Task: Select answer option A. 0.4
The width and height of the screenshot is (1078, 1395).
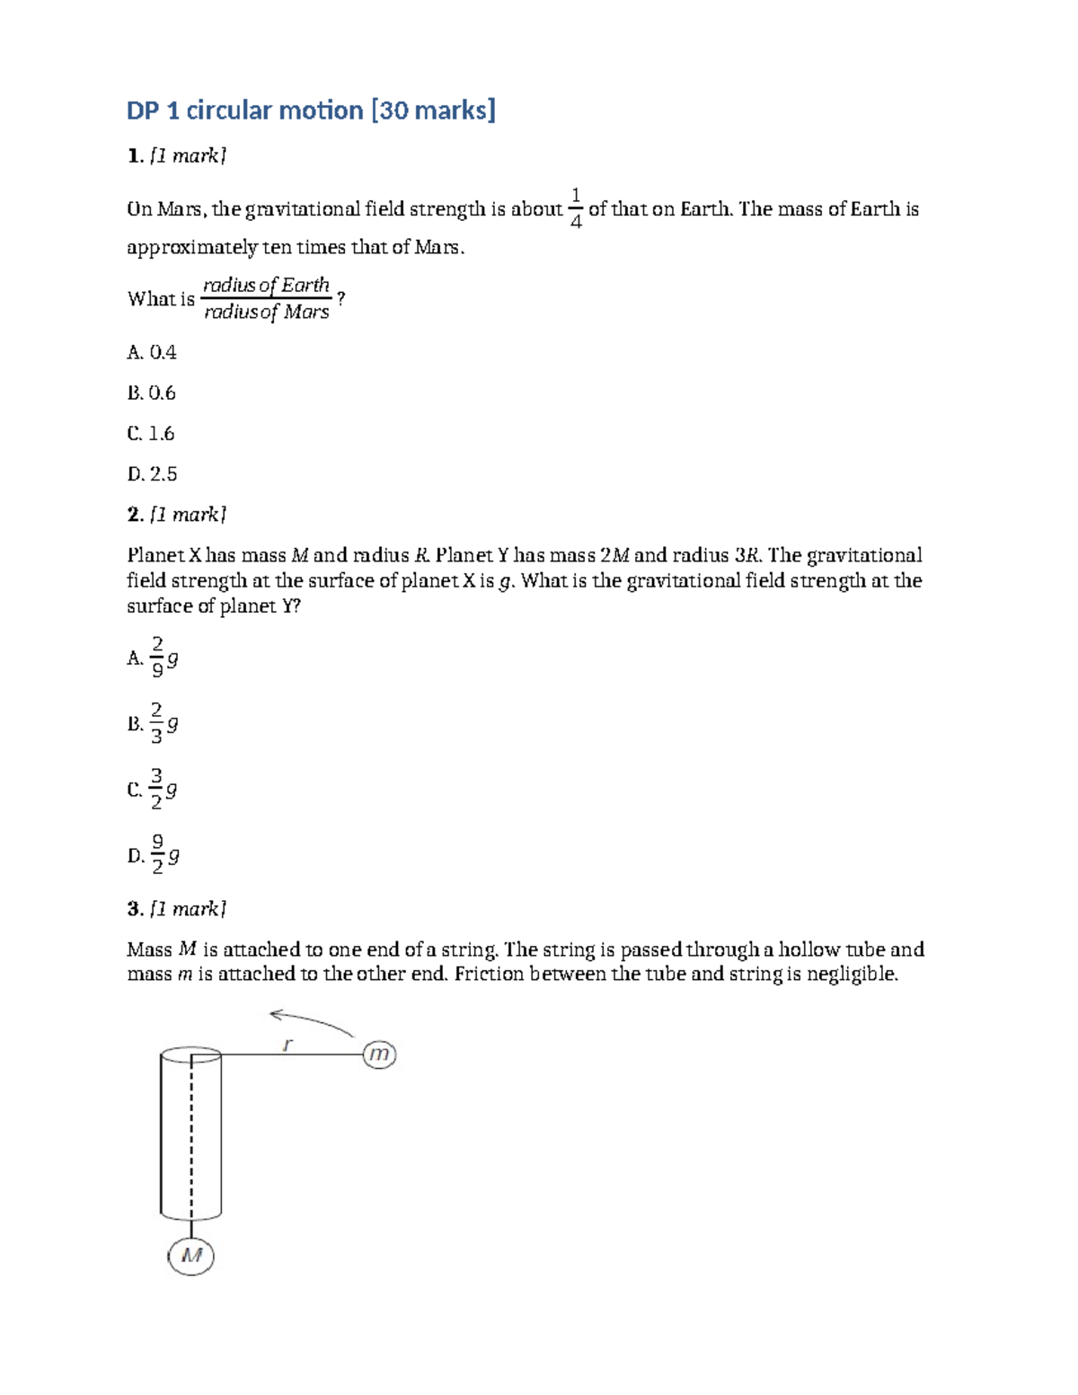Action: point(152,353)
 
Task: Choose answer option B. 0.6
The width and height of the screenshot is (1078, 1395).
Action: point(152,393)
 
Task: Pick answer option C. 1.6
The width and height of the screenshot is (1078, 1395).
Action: point(151,434)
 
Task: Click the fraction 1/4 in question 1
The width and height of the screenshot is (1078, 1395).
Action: point(576,208)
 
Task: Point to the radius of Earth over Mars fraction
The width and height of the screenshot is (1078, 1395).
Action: point(267,298)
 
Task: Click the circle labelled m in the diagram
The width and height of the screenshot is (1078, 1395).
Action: point(380,1054)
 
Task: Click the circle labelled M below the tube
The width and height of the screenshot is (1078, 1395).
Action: point(191,1255)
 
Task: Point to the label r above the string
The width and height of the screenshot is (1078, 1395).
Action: point(287,1044)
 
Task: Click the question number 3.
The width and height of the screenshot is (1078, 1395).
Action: point(135,909)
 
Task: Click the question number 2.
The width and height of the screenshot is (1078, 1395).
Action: point(135,515)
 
